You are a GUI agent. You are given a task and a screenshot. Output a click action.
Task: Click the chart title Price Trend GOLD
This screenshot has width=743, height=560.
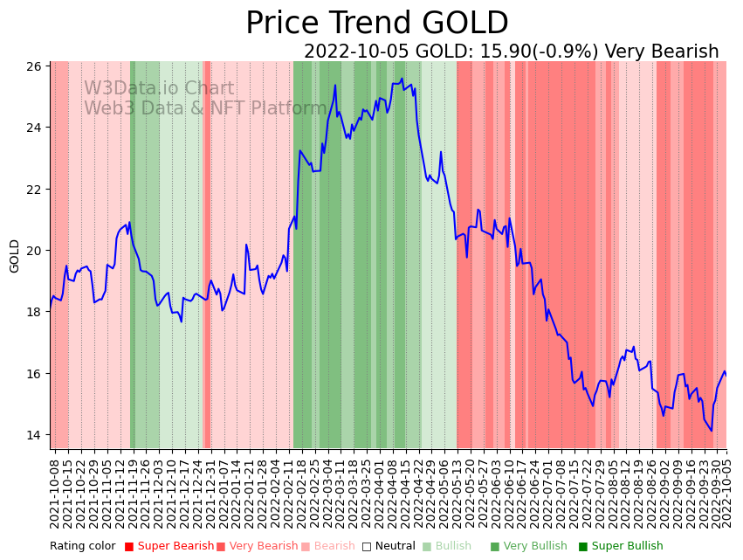click(376, 24)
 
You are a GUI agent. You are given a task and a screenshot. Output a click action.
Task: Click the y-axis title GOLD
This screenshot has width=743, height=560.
click(15, 256)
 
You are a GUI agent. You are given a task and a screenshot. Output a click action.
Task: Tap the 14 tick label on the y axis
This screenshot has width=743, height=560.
click(34, 435)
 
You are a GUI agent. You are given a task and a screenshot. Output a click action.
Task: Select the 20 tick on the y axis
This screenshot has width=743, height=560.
click(34, 251)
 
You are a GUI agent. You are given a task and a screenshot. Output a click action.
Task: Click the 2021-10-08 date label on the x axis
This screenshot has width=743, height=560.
click(54, 493)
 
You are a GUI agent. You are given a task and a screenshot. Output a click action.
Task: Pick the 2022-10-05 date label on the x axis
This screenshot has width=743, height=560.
click(726, 493)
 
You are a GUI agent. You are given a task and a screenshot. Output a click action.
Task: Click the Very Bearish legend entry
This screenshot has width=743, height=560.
click(263, 546)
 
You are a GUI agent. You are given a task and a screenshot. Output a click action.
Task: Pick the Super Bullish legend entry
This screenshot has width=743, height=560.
click(627, 546)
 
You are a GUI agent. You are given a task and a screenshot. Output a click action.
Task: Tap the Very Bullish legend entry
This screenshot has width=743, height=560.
click(534, 546)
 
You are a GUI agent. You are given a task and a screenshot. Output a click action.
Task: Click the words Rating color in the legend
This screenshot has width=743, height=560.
click(82, 546)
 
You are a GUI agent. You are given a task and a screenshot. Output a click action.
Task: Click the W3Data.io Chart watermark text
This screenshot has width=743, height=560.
click(159, 88)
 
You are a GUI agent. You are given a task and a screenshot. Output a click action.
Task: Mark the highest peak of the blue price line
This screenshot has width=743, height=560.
click(402, 80)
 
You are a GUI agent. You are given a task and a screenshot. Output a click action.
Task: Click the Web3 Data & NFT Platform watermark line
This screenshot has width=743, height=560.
click(205, 108)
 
